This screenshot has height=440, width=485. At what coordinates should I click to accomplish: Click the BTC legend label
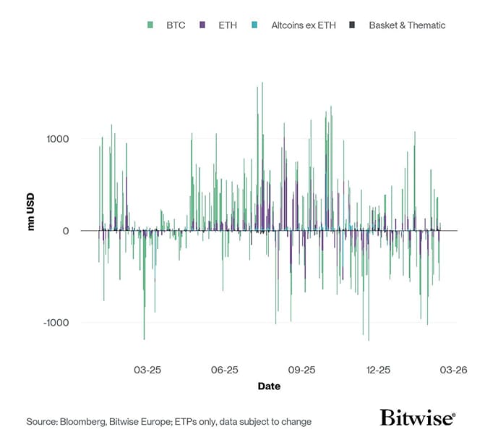pyautogui.click(x=175, y=25)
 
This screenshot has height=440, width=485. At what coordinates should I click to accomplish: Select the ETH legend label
pyautogui.click(x=227, y=25)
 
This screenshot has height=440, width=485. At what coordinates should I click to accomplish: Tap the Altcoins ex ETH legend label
pyautogui.click(x=303, y=25)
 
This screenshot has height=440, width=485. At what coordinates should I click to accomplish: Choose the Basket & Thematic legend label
pyautogui.click(x=407, y=25)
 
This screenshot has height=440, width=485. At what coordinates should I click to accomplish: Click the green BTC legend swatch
pyautogui.click(x=150, y=25)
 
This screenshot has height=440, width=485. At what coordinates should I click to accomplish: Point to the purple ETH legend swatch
pyautogui.click(x=203, y=25)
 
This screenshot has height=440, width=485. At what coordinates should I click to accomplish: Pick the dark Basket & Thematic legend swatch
pyautogui.click(x=352, y=25)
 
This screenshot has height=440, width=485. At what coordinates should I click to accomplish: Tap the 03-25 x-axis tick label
pyautogui.click(x=147, y=370)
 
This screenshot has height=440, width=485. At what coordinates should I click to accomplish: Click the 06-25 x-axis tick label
pyautogui.click(x=225, y=370)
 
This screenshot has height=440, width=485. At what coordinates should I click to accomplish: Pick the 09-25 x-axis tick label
pyautogui.click(x=301, y=370)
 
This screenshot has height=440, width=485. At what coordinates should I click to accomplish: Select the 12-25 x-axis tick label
pyautogui.click(x=378, y=370)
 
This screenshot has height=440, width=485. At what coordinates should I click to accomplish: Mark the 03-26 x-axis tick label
pyautogui.click(x=454, y=370)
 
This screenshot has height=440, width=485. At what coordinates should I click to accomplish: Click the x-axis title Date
pyautogui.click(x=269, y=386)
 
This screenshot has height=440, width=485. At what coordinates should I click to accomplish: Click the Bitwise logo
pyautogui.click(x=418, y=418)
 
